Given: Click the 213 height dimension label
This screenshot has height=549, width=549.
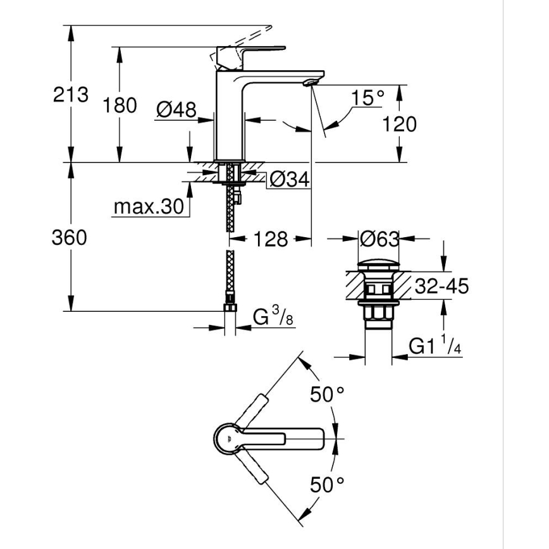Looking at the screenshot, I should (x=71, y=96).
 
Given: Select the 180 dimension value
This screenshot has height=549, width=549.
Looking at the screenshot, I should (x=120, y=106).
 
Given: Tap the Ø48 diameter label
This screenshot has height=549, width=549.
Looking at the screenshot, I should (x=175, y=109).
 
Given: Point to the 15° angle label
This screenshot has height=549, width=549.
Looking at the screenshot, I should (x=368, y=97).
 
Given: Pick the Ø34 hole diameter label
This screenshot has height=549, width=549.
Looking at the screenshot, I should (x=289, y=180).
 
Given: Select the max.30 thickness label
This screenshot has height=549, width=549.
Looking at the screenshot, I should (x=149, y=207).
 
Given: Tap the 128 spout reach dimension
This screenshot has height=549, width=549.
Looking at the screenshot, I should (x=271, y=239).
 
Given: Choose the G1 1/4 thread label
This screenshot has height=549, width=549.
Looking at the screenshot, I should (x=436, y=346).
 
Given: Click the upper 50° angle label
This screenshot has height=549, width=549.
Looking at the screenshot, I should (x=327, y=395).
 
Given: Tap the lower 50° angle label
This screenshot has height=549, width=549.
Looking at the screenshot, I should (x=327, y=485).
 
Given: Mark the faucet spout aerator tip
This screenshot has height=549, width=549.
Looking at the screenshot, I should (x=310, y=82).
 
